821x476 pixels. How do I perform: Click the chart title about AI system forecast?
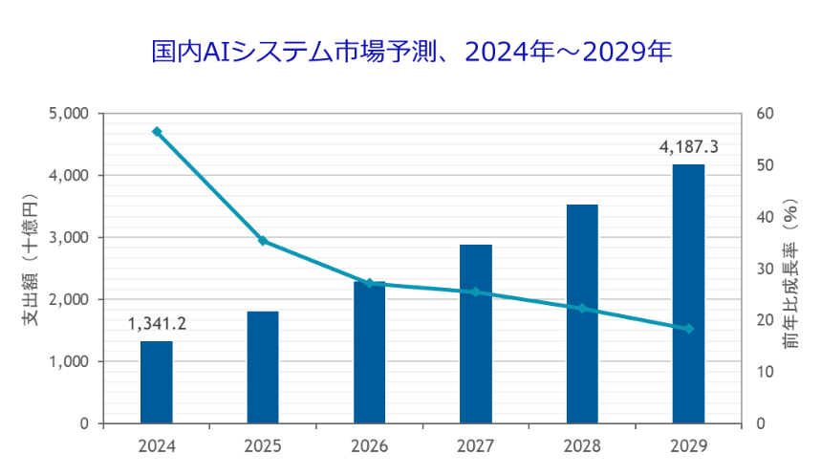pos(412,52)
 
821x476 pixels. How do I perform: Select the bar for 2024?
pos(157,382)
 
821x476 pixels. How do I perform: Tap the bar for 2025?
pos(263,367)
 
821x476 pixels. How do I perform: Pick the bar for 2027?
pos(476,334)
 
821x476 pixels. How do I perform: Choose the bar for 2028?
pos(582,314)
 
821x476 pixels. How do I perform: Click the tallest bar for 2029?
pos(688,293)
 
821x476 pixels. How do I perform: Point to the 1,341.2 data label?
pos(157,324)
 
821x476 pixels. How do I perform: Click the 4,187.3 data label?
pos(688,147)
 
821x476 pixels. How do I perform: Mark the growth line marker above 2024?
pos(157,132)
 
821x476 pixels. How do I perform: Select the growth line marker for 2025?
pos(263,241)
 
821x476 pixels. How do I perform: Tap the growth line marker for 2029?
pos(688,329)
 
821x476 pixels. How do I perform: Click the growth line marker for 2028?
pos(582,309)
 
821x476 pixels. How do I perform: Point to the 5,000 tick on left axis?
pos(69,114)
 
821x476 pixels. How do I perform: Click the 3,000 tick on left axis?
pos(69,238)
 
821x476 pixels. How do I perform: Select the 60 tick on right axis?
pos(765,114)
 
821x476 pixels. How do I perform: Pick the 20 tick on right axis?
pos(765,320)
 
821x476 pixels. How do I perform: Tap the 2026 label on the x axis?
pos(369,446)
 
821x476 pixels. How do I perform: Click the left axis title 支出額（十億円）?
pos(31,259)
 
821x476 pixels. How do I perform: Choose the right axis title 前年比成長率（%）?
pos(791,273)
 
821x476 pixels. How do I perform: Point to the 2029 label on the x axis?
pos(688,446)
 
